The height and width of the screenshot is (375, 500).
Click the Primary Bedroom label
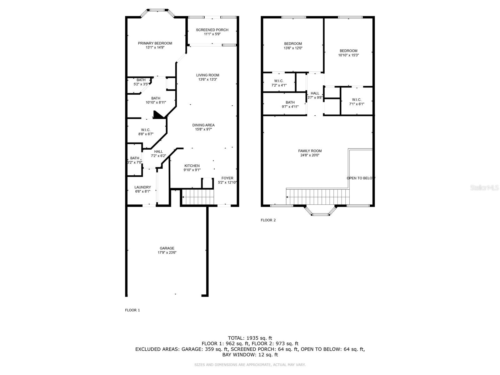[x=155, y=43]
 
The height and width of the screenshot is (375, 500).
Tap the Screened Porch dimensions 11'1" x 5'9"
[x=212, y=34]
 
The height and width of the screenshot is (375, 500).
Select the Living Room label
[x=207, y=75]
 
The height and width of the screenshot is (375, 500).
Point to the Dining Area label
[x=203, y=125]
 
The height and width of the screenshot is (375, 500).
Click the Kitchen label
[x=192, y=166]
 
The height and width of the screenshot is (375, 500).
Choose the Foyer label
[x=227, y=178]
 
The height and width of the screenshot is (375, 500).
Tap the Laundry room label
[x=142, y=187]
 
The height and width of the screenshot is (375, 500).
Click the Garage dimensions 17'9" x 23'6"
[x=167, y=252]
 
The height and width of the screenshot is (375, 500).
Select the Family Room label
[x=310, y=151]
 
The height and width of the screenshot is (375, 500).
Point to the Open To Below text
[x=361, y=178]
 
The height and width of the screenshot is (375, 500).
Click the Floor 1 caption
[x=132, y=310]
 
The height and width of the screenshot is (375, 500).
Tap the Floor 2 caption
[x=268, y=220]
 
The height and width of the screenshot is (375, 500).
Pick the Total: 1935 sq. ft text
[x=250, y=338]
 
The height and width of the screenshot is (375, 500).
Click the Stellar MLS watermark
[x=484, y=187]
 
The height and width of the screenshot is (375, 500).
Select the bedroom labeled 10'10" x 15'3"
[x=348, y=53]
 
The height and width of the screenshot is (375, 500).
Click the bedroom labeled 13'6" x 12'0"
[x=293, y=46]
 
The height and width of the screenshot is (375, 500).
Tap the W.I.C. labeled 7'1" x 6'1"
[x=357, y=102]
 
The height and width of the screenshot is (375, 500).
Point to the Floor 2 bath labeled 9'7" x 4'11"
[x=290, y=104]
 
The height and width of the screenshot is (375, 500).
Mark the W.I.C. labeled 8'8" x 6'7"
[x=146, y=132]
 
